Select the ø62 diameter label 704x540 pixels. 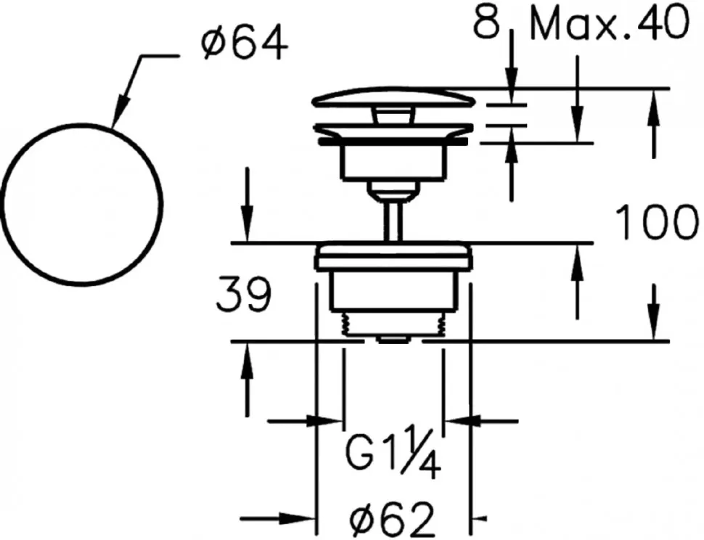393,520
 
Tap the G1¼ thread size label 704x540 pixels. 393,454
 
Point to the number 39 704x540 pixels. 244,294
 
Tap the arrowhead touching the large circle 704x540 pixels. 120,111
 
